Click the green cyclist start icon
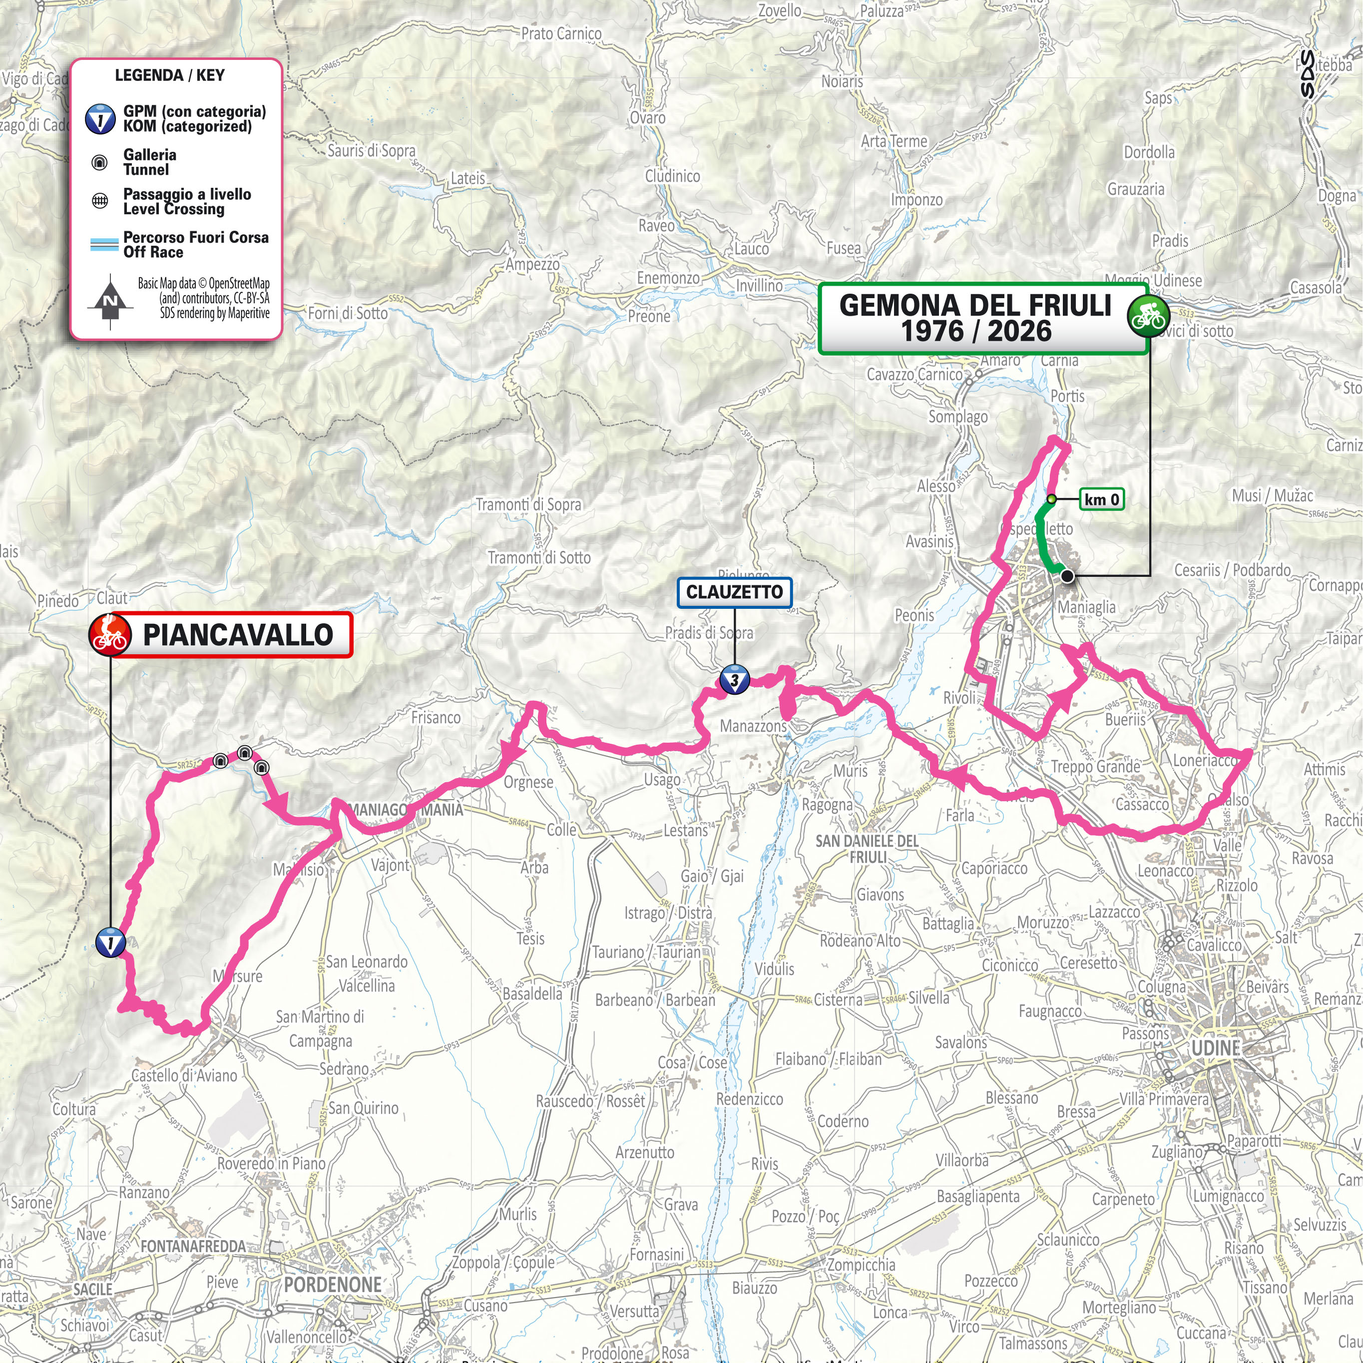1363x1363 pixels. click(x=1148, y=317)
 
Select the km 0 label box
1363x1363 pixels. click(x=1101, y=499)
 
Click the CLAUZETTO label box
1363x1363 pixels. click(x=734, y=592)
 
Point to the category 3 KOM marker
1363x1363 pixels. click(x=734, y=681)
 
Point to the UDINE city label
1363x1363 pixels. click(x=1216, y=1048)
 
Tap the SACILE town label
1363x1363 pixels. click(x=93, y=1289)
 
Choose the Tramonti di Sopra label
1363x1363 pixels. click(x=528, y=504)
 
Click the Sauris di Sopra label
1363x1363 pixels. click(x=372, y=150)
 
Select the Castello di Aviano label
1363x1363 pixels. click(x=184, y=1075)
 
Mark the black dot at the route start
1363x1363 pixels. click(x=1067, y=576)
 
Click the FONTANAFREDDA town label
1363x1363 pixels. click(x=193, y=1247)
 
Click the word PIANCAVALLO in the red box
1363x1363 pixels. click(x=238, y=635)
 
